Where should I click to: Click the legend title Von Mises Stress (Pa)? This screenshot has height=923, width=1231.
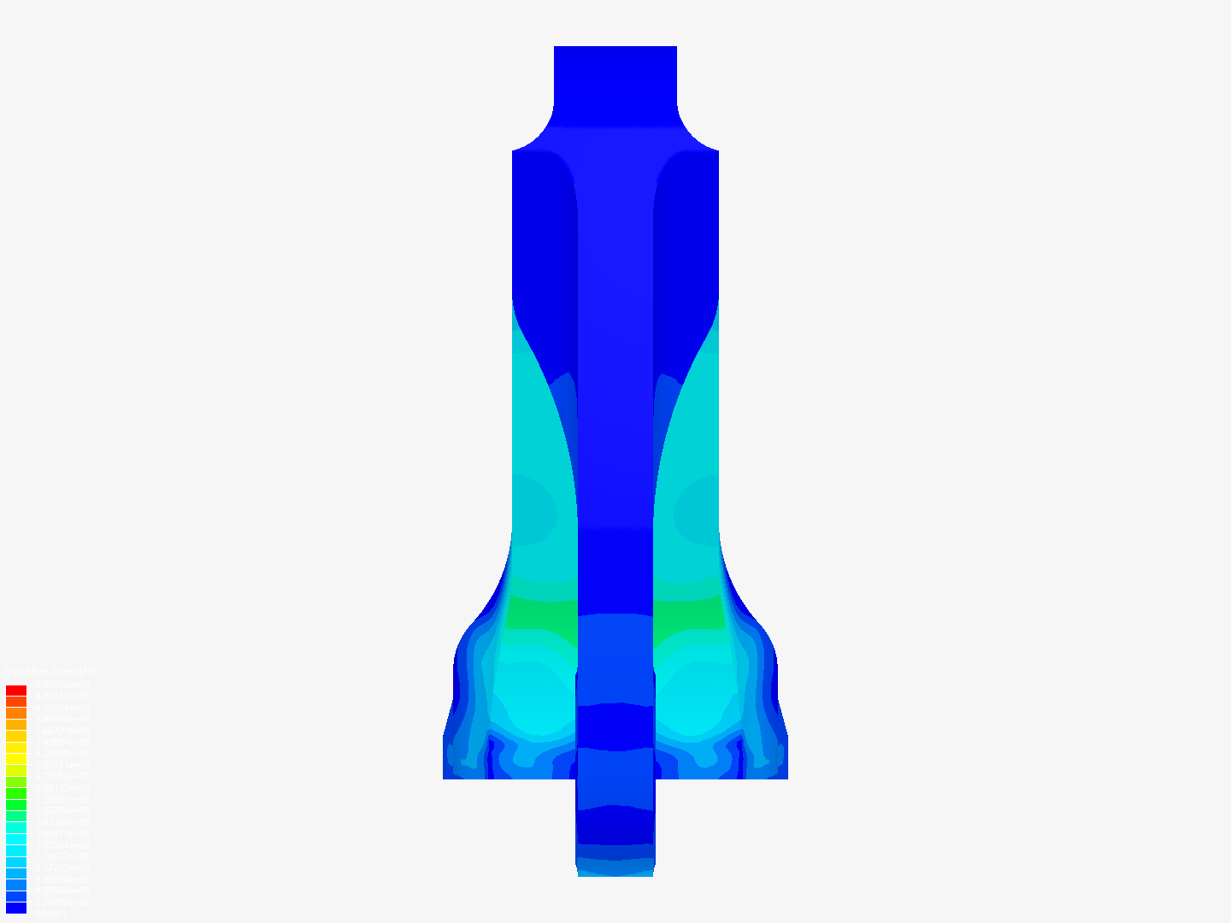point(50,672)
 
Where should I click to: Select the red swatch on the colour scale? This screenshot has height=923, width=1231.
point(16,691)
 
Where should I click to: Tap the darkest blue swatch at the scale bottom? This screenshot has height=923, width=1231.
point(16,908)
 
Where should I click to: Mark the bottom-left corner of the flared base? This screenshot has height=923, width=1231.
point(445,776)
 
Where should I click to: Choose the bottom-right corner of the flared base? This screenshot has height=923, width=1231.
point(786,776)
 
